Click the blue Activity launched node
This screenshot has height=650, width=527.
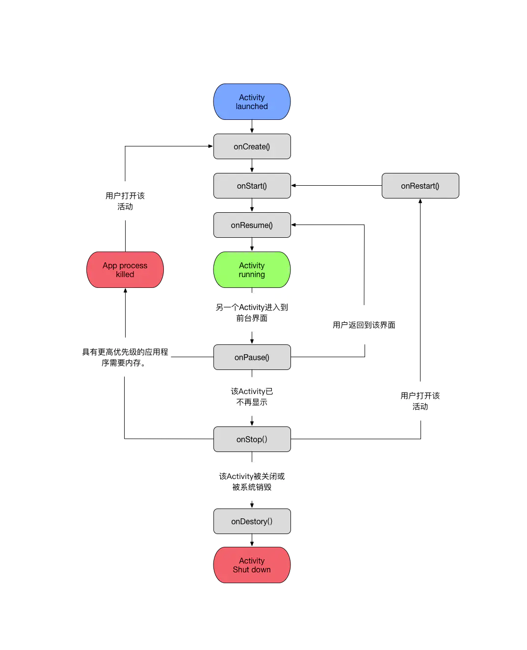(252, 101)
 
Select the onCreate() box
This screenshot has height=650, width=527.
(252, 146)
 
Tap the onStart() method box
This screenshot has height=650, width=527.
(252, 186)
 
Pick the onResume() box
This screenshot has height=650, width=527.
(252, 225)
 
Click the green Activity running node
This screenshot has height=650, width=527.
(252, 269)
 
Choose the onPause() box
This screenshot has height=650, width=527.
(252, 357)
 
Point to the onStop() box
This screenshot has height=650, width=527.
(252, 439)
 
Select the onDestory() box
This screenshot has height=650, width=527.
(252, 521)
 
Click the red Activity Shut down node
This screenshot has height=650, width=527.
(252, 565)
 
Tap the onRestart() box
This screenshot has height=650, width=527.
(420, 186)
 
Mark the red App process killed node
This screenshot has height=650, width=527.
(125, 269)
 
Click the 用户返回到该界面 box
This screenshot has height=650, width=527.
(364, 325)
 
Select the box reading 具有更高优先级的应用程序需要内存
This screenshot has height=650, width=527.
(125, 357)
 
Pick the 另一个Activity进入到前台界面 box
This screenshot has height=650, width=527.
(252, 312)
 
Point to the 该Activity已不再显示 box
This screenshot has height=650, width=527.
(252, 396)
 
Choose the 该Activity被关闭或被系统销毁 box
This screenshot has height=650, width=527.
(252, 481)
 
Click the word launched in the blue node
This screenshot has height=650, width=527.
(252, 107)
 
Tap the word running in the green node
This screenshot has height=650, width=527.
(252, 275)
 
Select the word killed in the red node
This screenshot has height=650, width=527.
(125, 275)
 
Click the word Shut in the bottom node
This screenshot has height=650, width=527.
(240, 570)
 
